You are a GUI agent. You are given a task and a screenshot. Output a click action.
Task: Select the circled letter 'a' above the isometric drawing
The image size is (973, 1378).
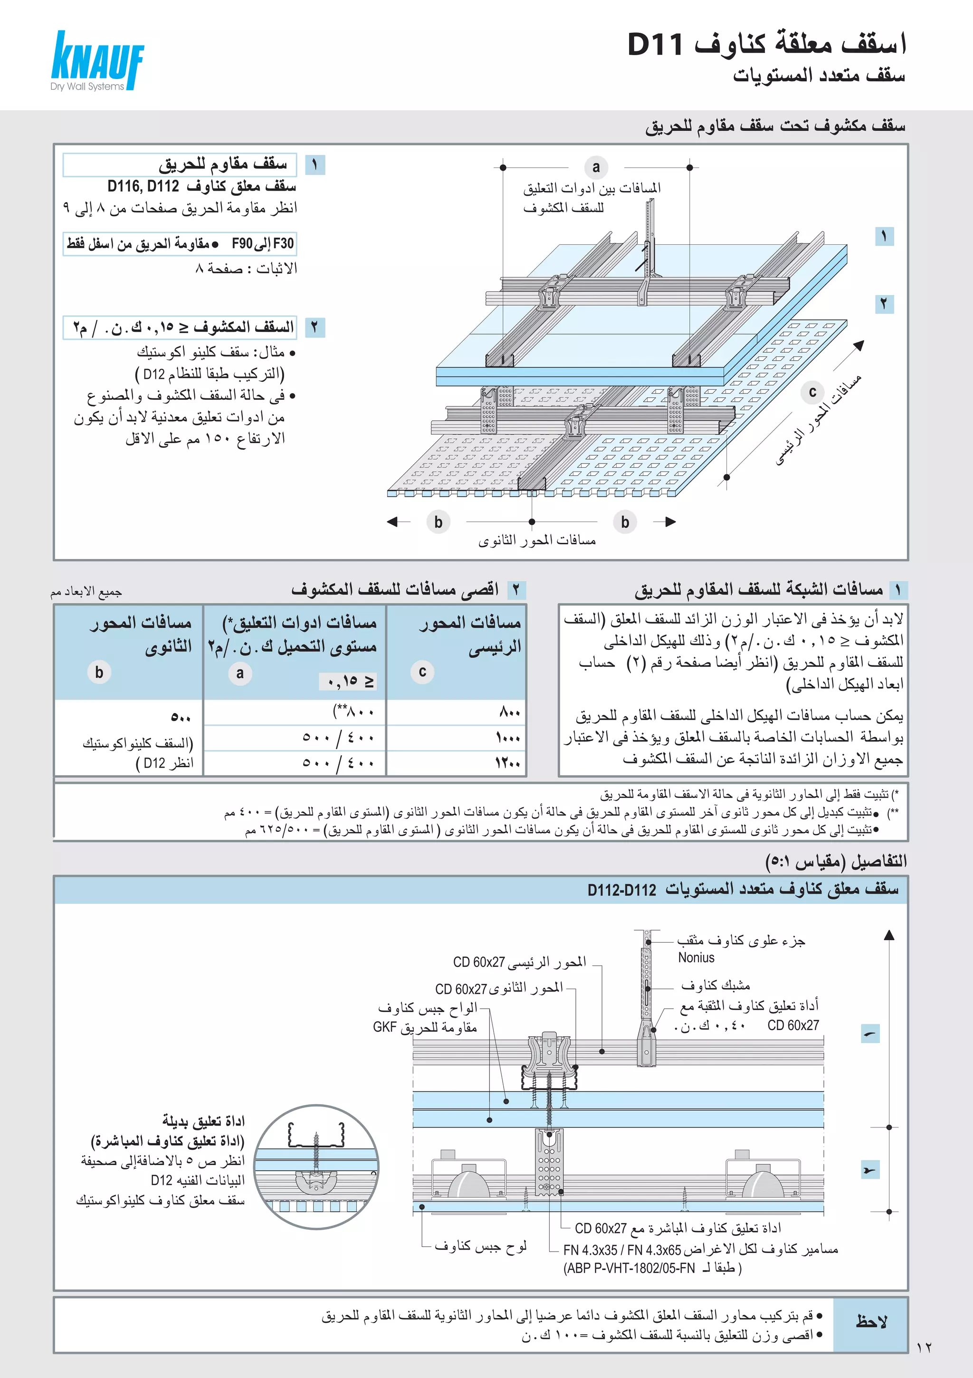[x=596, y=167]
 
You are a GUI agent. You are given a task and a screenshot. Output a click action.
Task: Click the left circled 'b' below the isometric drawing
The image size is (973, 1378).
[x=439, y=522]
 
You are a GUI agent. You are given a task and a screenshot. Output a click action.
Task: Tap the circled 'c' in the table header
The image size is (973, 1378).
[x=422, y=672]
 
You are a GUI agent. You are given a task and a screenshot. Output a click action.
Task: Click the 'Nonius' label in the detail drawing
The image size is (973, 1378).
[x=696, y=958]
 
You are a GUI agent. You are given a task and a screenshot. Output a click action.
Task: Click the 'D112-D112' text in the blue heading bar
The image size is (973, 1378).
[x=621, y=890]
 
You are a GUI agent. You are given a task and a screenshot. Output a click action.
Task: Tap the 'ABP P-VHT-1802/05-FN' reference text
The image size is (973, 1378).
[x=630, y=1268]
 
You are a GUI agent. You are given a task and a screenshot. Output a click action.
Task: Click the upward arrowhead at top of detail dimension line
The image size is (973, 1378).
[x=889, y=935]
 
